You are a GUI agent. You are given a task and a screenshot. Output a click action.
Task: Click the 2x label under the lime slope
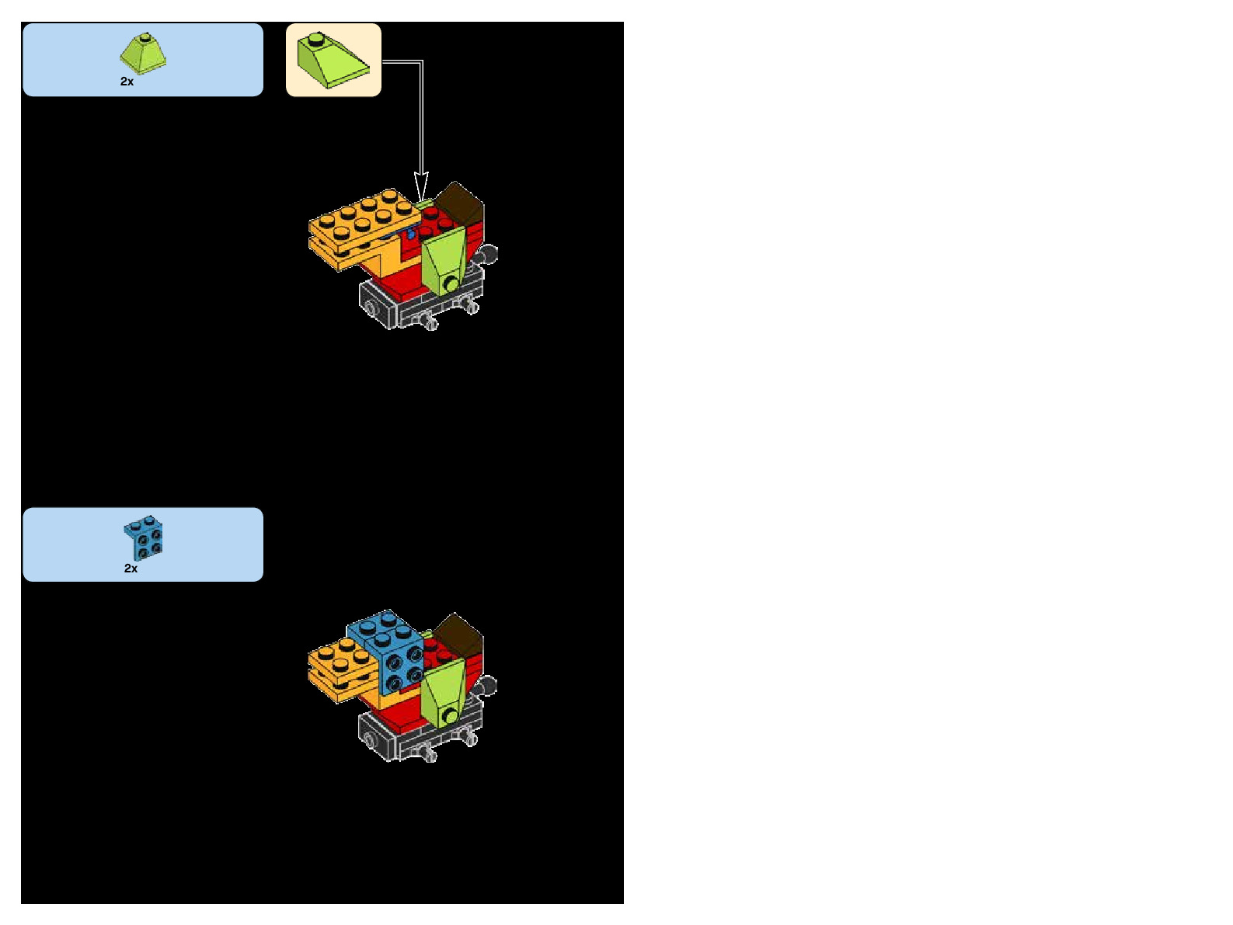click(x=127, y=82)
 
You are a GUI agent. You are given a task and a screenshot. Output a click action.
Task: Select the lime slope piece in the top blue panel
click(x=143, y=54)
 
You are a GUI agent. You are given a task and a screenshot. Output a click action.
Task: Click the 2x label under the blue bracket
click(x=131, y=569)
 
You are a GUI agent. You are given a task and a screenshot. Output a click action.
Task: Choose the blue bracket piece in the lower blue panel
click(x=144, y=537)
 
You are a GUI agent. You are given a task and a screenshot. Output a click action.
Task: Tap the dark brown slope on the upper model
click(x=460, y=203)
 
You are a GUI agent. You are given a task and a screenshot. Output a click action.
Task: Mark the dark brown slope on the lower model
click(x=460, y=633)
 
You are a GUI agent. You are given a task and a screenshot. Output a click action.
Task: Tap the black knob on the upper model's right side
click(x=489, y=254)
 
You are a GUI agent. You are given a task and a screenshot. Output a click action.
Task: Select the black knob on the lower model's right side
click(x=488, y=686)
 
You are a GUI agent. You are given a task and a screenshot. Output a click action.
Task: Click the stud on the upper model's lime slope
click(x=451, y=284)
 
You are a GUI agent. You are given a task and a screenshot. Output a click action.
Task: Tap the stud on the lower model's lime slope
click(x=450, y=716)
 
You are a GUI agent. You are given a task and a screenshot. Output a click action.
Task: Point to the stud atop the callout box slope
click(x=315, y=38)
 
